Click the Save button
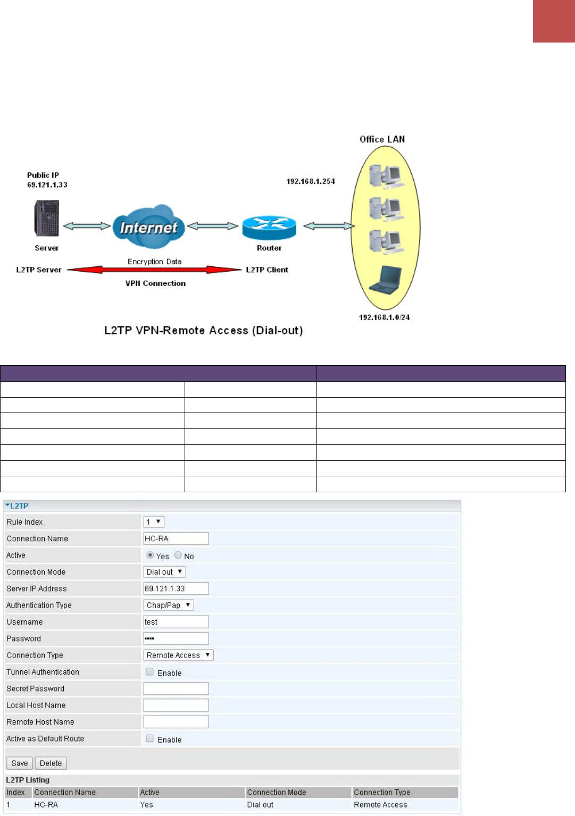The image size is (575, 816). point(20,763)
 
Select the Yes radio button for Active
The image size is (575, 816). point(150,555)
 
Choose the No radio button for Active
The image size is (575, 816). point(178,555)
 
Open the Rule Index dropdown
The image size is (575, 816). point(154,522)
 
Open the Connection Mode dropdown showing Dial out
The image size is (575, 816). point(165,572)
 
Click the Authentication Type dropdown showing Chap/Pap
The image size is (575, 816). point(169,605)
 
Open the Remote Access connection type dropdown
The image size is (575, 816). point(178,655)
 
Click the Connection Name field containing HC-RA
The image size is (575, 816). point(176,539)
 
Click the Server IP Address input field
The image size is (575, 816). point(176,588)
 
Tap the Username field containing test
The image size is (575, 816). point(176,622)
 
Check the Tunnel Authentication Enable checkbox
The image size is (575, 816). point(150,672)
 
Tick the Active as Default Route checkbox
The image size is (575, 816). point(150,738)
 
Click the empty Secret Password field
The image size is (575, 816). point(176,688)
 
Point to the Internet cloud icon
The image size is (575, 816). point(149,227)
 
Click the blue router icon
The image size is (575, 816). point(269,228)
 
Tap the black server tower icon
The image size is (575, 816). point(47,218)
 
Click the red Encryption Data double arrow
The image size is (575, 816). point(154,270)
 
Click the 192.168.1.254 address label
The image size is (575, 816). point(311,181)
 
